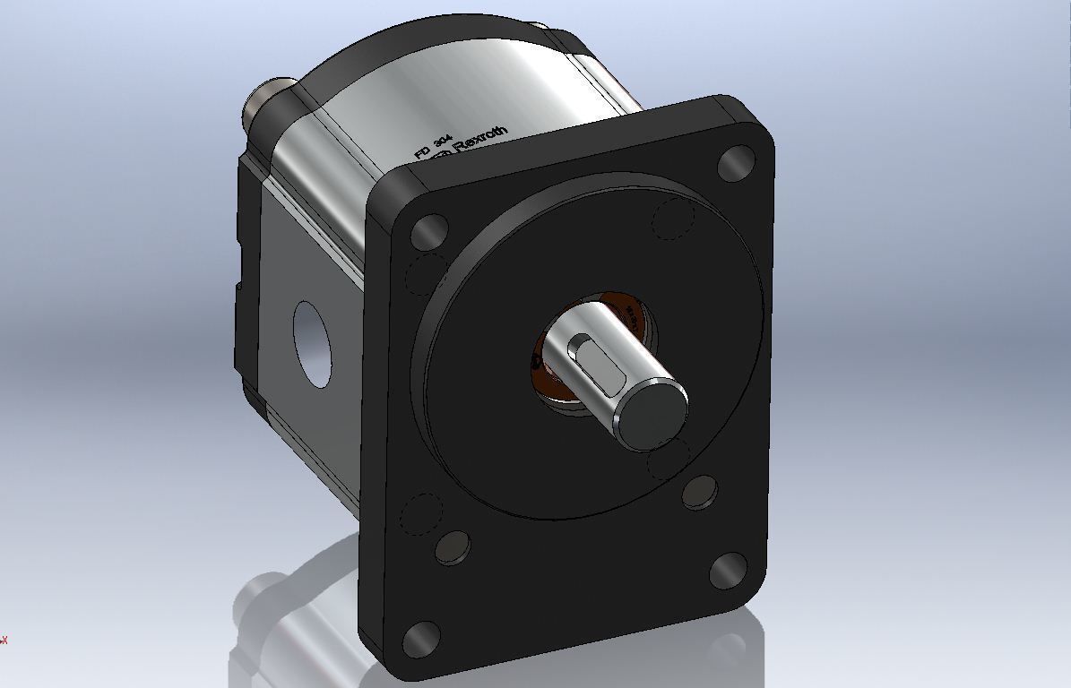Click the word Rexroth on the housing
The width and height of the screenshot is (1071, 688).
coord(482,140)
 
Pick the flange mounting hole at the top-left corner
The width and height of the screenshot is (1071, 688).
coord(429,231)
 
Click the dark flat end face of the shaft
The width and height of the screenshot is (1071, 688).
coord(655,412)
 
